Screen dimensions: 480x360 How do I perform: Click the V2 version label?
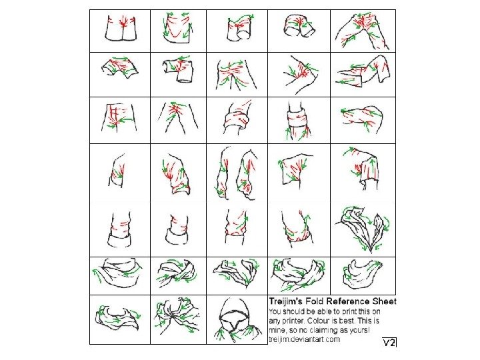coord(389,342)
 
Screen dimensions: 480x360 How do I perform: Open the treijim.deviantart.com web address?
coord(304,339)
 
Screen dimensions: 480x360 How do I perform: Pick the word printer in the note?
coord(294,321)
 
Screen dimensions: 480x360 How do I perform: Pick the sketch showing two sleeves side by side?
coord(237,173)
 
